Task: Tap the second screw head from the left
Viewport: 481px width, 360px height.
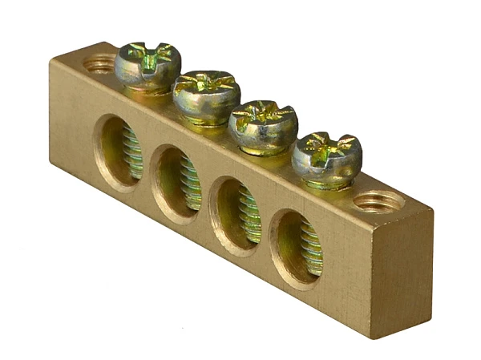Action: [207, 93]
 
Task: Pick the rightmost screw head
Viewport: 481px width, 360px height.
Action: [325, 154]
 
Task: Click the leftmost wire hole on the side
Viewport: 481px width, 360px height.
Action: [119, 152]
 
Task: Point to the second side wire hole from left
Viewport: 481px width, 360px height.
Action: [177, 182]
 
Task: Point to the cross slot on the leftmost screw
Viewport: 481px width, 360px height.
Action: [148, 57]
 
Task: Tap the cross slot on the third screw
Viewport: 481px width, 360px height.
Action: [264, 114]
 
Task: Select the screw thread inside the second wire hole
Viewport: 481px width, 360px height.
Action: [190, 184]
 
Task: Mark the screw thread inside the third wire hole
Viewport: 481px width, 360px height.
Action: [249, 216]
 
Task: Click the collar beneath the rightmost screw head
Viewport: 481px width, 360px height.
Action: [326, 183]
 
